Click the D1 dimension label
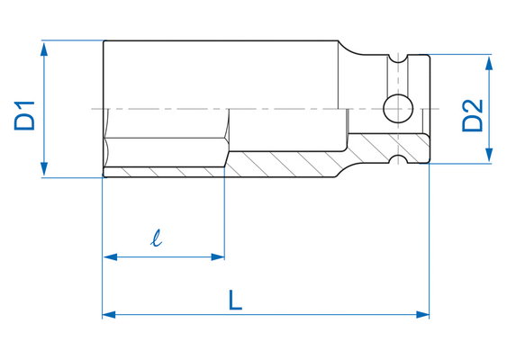[x=24, y=116]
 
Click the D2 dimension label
[x=473, y=115]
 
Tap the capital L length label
[x=235, y=300]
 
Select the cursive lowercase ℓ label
[x=156, y=238]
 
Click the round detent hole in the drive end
[x=398, y=109]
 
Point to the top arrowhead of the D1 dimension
[x=44, y=49]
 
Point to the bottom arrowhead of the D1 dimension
[x=44, y=169]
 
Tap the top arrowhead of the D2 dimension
[x=489, y=62]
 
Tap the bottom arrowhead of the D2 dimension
[x=489, y=155]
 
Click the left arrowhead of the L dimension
[x=110, y=314]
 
